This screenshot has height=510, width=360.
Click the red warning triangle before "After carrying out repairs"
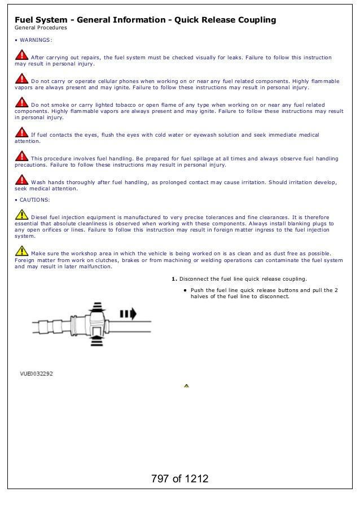[21, 55]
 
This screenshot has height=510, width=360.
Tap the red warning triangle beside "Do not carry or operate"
[21, 79]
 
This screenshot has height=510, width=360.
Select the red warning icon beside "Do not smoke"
[21, 103]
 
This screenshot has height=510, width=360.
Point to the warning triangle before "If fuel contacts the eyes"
[21, 133]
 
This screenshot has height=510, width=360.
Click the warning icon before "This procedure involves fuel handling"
[21, 156]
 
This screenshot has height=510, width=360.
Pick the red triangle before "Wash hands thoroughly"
[21, 180]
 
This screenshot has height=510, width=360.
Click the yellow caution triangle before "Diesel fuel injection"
[21, 215]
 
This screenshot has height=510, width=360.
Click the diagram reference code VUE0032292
[37, 374]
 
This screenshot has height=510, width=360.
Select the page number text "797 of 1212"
[179, 479]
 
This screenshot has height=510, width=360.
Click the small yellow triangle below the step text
[186, 386]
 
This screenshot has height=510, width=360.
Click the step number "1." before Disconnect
[174, 279]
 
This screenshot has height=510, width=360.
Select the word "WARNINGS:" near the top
[36, 40]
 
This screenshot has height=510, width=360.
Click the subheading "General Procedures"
[41, 28]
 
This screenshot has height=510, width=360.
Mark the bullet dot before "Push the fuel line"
[185, 290]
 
